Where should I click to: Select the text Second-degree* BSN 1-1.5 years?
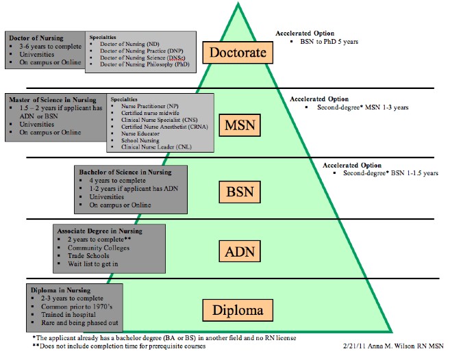click(390, 174)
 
